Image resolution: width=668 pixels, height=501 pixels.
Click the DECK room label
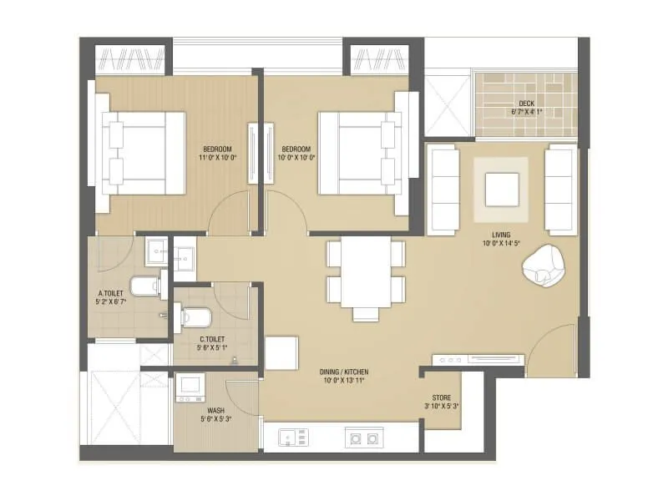point(526,103)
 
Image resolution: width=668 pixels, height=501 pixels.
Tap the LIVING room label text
point(501,235)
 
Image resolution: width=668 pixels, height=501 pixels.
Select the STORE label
point(442,397)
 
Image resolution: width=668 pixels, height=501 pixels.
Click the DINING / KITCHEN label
point(343,372)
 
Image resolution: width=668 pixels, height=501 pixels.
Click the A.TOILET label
point(111,293)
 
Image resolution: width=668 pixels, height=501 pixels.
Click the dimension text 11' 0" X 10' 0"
point(217,157)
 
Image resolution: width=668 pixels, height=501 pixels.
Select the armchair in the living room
point(544,266)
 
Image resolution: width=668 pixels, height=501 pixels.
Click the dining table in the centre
point(365,275)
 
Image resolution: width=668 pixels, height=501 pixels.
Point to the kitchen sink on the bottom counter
point(292,437)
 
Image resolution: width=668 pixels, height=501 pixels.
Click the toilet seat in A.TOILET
point(146,286)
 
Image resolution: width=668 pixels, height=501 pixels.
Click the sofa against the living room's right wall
point(560,190)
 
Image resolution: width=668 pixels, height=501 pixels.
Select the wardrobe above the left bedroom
point(133,59)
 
